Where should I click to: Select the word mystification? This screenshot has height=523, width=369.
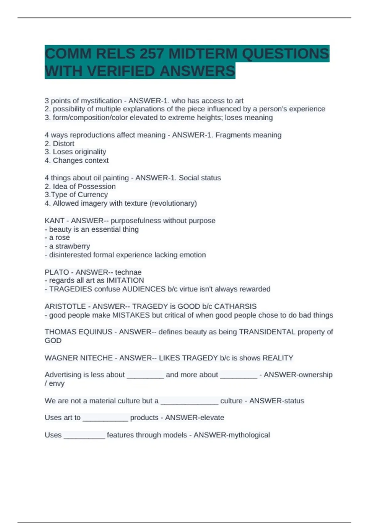click(x=101, y=101)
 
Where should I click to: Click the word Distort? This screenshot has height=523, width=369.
click(x=64, y=144)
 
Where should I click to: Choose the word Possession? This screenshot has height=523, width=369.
click(x=97, y=186)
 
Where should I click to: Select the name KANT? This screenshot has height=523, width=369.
click(x=54, y=221)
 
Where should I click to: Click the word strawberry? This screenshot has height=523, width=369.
click(x=73, y=246)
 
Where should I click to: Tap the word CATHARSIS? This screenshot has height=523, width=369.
click(x=235, y=306)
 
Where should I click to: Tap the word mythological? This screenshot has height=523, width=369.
click(x=248, y=435)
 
